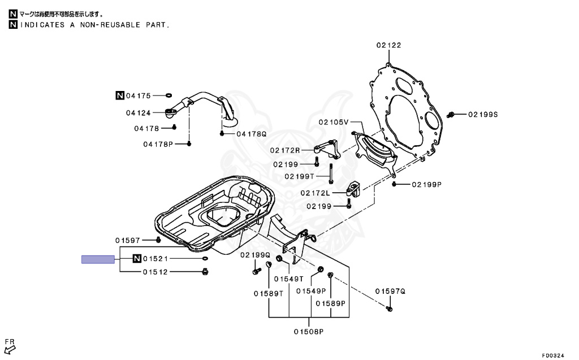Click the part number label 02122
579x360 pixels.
pyautogui.click(x=388, y=45)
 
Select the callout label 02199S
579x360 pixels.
pyautogui.click(x=483, y=115)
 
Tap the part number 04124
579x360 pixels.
pyautogui.click(x=139, y=112)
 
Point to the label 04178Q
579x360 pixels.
pyautogui.click(x=252, y=134)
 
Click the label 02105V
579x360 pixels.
pyautogui.click(x=334, y=122)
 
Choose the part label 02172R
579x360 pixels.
pyautogui.click(x=285, y=150)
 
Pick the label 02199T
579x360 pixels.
pyautogui.click(x=300, y=176)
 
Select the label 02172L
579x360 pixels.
pyautogui.click(x=315, y=193)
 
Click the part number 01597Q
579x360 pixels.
pyautogui.click(x=390, y=291)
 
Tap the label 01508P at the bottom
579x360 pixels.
pyautogui.click(x=309, y=332)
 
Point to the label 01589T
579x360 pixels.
pyautogui.click(x=269, y=293)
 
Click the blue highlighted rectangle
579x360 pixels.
pyautogui.click(x=98, y=259)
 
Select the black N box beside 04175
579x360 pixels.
pyautogui.click(x=120, y=96)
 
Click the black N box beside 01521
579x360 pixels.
pyautogui.click(x=137, y=258)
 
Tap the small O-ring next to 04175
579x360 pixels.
pyautogui.click(x=168, y=96)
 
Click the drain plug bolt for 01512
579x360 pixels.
pyautogui.click(x=205, y=272)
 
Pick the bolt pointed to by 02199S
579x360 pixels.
pyautogui.click(x=450, y=115)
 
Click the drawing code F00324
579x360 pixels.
pyautogui.click(x=553, y=355)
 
